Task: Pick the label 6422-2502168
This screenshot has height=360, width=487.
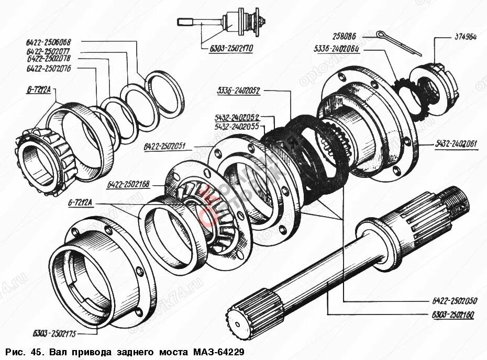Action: click(x=128, y=184)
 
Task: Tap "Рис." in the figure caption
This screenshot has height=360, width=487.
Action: click(x=17, y=351)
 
